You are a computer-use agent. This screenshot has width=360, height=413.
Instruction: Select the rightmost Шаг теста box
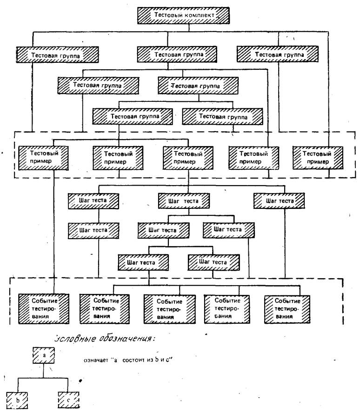pyautogui.click(x=279, y=200)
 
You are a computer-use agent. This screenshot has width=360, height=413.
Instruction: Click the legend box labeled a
pyautogui.click(x=43, y=355)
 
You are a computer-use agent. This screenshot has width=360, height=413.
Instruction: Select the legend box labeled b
pyautogui.click(x=17, y=399)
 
